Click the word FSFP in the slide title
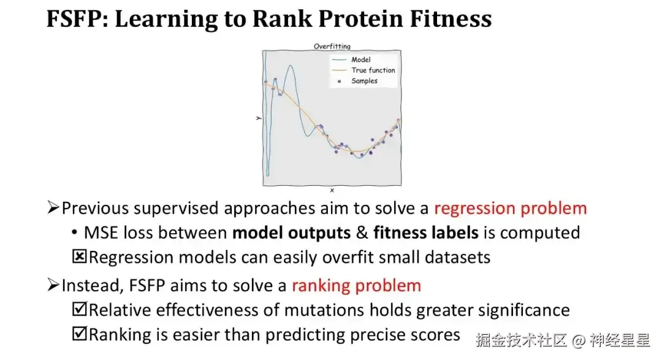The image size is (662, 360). tap(76, 19)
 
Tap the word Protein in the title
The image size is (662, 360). tap(360, 19)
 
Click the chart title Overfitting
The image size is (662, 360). tap(332, 46)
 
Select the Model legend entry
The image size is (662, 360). tap(351, 59)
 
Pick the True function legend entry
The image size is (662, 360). tap(363, 70)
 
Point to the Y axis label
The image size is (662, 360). tap(259, 118)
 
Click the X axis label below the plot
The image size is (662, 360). tap(332, 191)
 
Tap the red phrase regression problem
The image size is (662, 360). tap(511, 209)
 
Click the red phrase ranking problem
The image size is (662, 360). tap(356, 286)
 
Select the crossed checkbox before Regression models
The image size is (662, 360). tap(79, 256)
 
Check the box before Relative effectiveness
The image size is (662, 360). tap(79, 309)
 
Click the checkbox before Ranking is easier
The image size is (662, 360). tap(79, 334)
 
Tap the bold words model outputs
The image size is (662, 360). tap(291, 233)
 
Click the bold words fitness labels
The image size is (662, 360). tap(425, 233)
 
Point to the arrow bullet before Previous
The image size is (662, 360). tap(53, 207)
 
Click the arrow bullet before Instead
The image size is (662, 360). tap(53, 285)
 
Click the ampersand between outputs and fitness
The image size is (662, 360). tap(362, 233)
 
